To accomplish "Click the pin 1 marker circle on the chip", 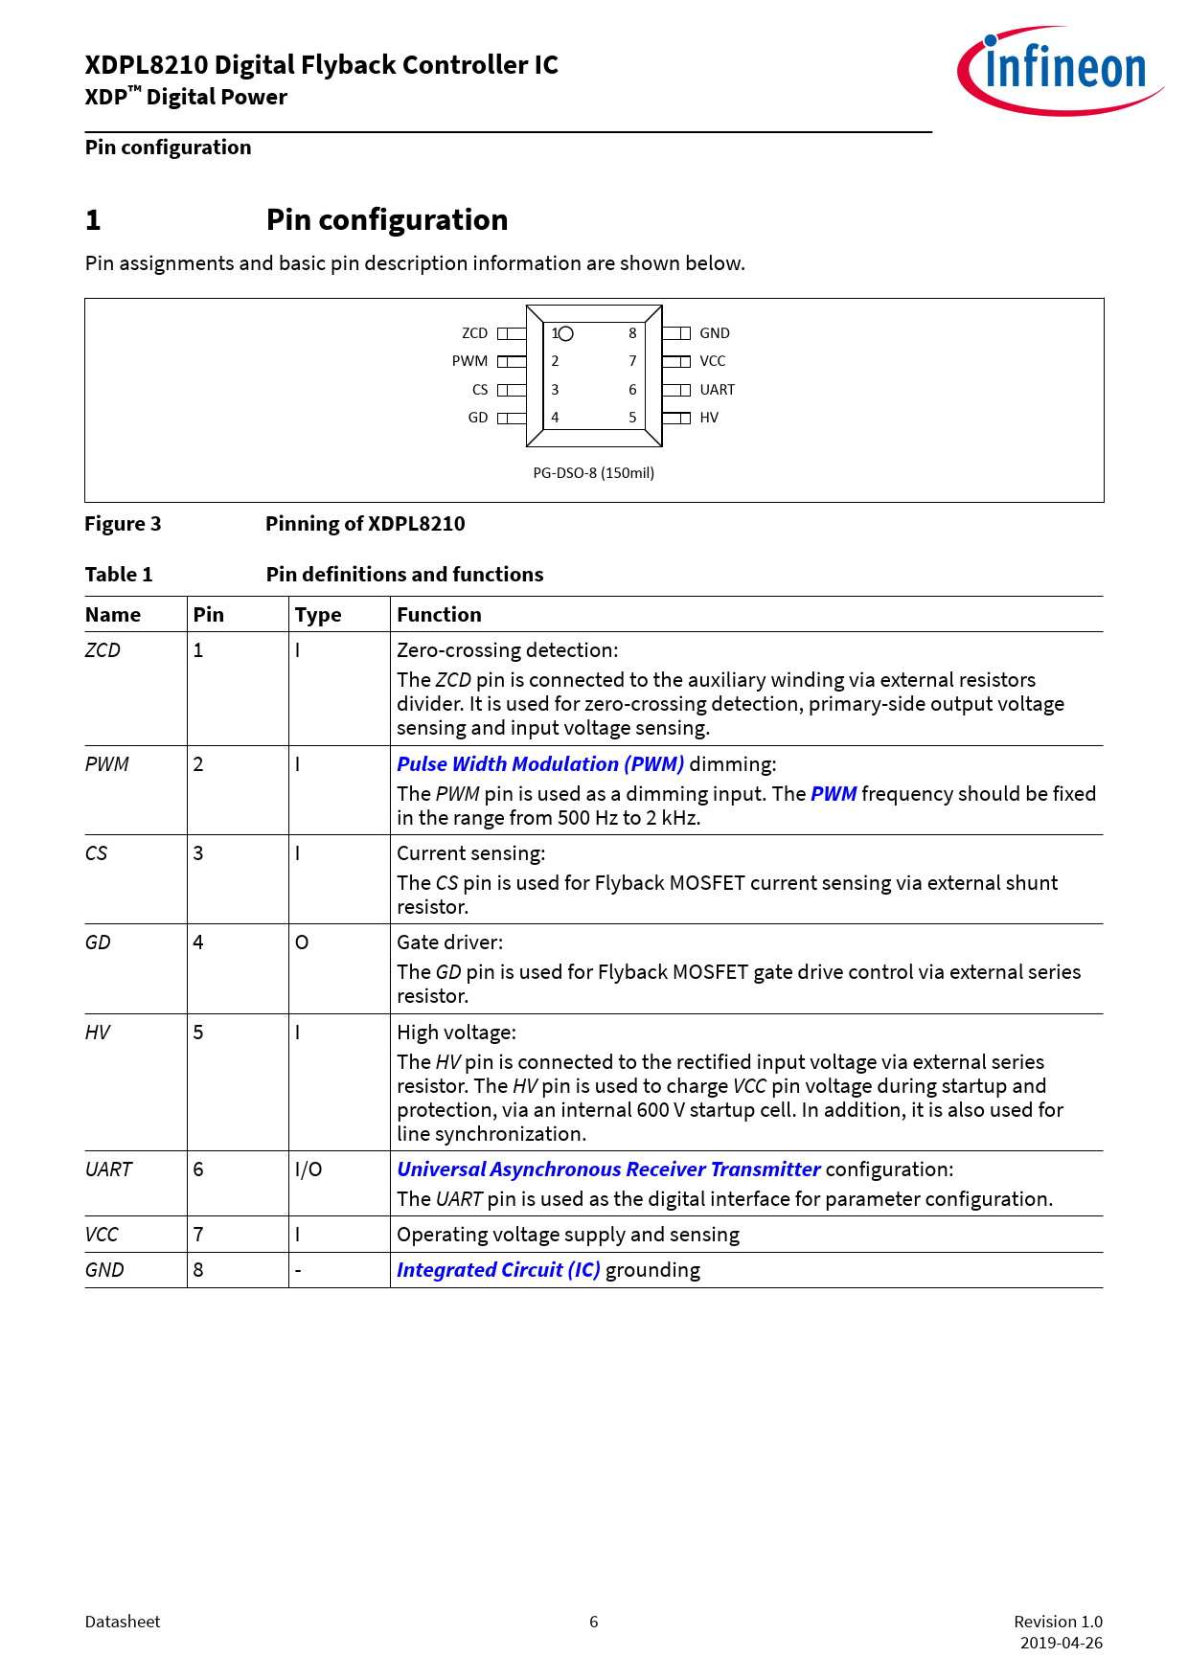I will tap(566, 333).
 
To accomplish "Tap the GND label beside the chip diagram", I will tap(715, 333).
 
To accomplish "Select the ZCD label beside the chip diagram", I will tap(474, 333).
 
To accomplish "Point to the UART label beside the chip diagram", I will tap(718, 390).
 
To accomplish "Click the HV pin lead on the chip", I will tap(676, 418).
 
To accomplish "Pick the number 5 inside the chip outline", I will tap(632, 418).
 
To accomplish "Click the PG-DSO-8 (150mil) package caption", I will tap(594, 473).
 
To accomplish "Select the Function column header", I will tap(439, 615).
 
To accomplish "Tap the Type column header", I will tap(318, 615).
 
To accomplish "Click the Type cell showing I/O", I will tap(308, 1169).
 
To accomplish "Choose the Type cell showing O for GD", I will tap(302, 942).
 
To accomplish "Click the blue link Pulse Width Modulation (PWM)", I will tap(540, 764).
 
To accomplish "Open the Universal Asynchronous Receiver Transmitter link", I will tap(608, 1169).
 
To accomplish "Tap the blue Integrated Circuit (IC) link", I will tap(498, 1270).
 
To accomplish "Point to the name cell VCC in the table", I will tap(102, 1235).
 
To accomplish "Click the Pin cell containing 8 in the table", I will tap(198, 1270).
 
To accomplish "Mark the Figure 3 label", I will tap(123, 524).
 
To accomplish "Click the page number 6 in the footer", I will tap(594, 1622).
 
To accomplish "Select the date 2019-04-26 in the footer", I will tap(1061, 1643).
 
